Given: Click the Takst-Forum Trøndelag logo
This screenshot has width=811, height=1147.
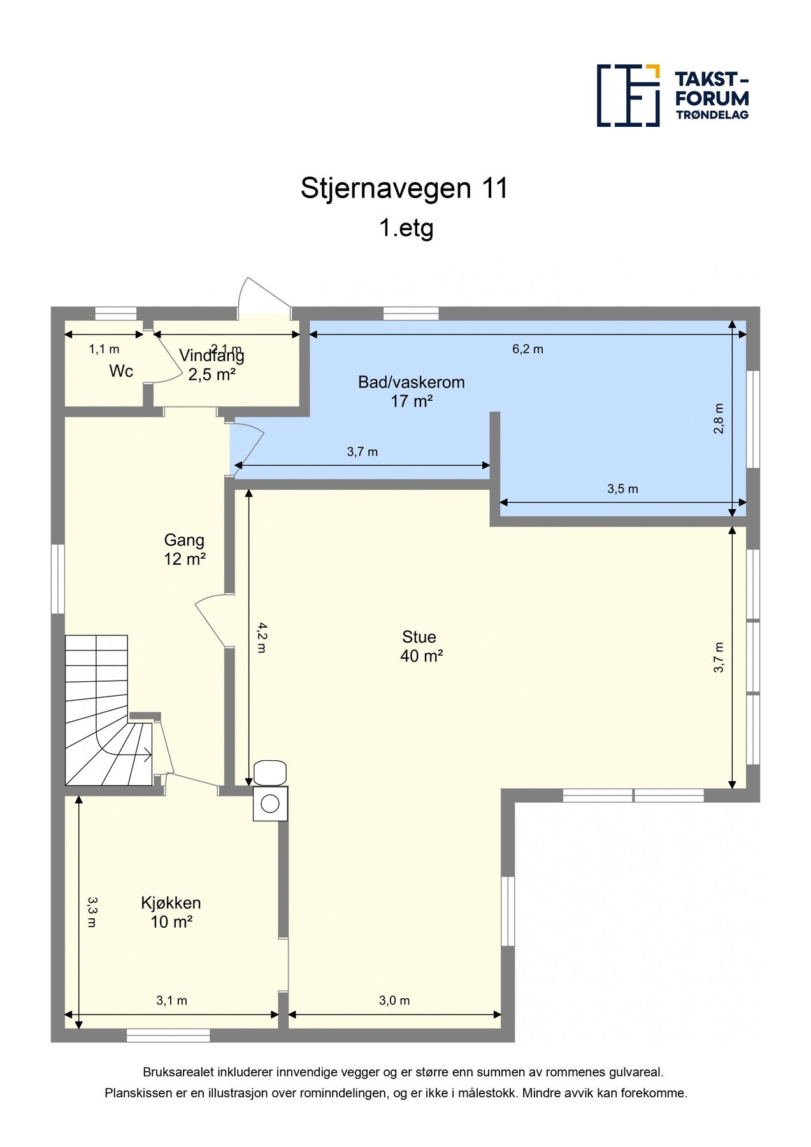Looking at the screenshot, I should pyautogui.click(x=672, y=96).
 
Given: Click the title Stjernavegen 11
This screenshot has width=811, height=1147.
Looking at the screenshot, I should pyautogui.click(x=405, y=188).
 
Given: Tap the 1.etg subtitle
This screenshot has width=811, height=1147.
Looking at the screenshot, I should pyautogui.click(x=406, y=227).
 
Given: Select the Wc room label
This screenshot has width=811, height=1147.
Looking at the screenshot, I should pyautogui.click(x=121, y=371).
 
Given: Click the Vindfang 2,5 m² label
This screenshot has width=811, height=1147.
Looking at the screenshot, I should pyautogui.click(x=212, y=364).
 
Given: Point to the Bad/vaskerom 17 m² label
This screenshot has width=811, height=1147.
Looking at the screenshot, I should pyautogui.click(x=411, y=391).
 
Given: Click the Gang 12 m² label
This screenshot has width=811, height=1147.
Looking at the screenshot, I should pyautogui.click(x=184, y=549).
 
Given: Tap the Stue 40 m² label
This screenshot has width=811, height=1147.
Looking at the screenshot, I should pyautogui.click(x=420, y=646).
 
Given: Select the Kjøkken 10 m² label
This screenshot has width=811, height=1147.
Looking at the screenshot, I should pyautogui.click(x=171, y=912).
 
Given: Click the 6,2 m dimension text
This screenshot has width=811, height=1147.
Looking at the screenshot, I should pyautogui.click(x=528, y=349).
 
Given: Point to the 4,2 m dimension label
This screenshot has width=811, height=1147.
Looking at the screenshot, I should pyautogui.click(x=262, y=638).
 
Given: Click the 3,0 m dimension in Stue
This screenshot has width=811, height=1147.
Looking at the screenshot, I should pyautogui.click(x=394, y=1000).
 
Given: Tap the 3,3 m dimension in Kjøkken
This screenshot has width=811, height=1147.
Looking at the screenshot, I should pyautogui.click(x=92, y=912).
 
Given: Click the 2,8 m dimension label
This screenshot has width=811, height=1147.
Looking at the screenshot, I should pyautogui.click(x=719, y=419).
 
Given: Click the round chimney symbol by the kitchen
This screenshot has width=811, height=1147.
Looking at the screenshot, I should pyautogui.click(x=270, y=804).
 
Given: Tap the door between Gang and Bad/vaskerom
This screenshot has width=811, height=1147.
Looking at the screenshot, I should pyautogui.click(x=247, y=444).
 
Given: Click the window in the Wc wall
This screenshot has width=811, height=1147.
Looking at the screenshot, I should pyautogui.click(x=116, y=313).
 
